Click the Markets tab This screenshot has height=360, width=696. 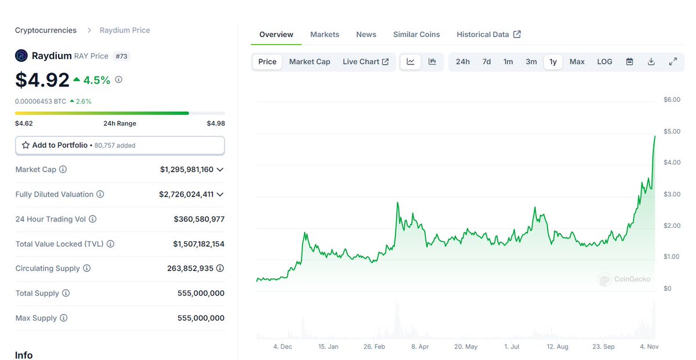pyautogui.click(x=324, y=35)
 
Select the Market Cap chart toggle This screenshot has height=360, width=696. pyautogui.click(x=309, y=62)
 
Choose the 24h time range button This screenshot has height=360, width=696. pyautogui.click(x=462, y=62)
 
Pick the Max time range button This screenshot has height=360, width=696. pyautogui.click(x=577, y=62)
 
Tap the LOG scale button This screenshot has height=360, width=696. pyautogui.click(x=604, y=62)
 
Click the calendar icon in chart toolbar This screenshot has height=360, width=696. pyautogui.click(x=629, y=62)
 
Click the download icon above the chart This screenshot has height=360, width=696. pyautogui.click(x=651, y=62)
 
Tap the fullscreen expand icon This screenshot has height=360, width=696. pyautogui.click(x=673, y=62)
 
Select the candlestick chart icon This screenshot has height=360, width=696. pyautogui.click(x=432, y=62)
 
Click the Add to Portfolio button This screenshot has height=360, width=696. pyautogui.click(x=119, y=146)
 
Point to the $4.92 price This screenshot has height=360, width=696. pyautogui.click(x=42, y=80)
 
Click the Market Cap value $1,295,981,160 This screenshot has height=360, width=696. pyautogui.click(x=187, y=170)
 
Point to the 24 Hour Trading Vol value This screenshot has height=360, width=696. pyautogui.click(x=199, y=219)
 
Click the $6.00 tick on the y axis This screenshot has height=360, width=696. pyautogui.click(x=672, y=100)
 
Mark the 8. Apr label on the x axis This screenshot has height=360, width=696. pyautogui.click(x=420, y=347)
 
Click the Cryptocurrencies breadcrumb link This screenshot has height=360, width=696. pyautogui.click(x=46, y=30)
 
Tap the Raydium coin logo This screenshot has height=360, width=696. pyautogui.click(x=21, y=56)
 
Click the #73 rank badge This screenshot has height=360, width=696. pyautogui.click(x=121, y=56)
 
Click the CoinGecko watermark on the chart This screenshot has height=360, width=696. pyautogui.click(x=624, y=279)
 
